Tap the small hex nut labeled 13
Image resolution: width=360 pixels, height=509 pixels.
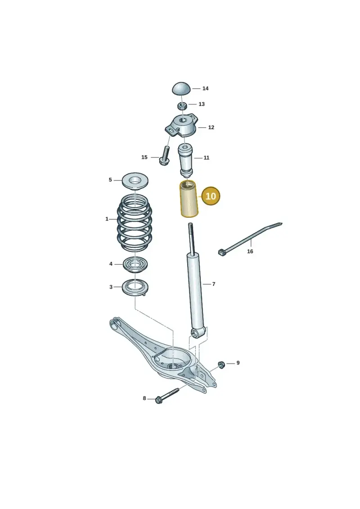(182, 105)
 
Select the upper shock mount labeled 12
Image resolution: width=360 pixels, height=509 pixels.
(181, 126)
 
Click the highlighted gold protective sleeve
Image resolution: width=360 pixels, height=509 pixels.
(189, 198)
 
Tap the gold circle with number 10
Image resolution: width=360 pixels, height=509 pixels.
(211, 196)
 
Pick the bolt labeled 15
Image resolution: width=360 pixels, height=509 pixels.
(165, 156)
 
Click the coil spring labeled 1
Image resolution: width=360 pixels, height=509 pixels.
(135, 223)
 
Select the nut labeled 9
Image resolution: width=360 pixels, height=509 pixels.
(221, 365)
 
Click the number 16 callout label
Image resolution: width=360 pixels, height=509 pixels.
(250, 251)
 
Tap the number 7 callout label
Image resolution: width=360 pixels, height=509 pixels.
(214, 284)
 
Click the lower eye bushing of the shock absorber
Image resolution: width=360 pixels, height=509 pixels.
(196, 333)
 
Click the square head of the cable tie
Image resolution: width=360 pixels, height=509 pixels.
(222, 252)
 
